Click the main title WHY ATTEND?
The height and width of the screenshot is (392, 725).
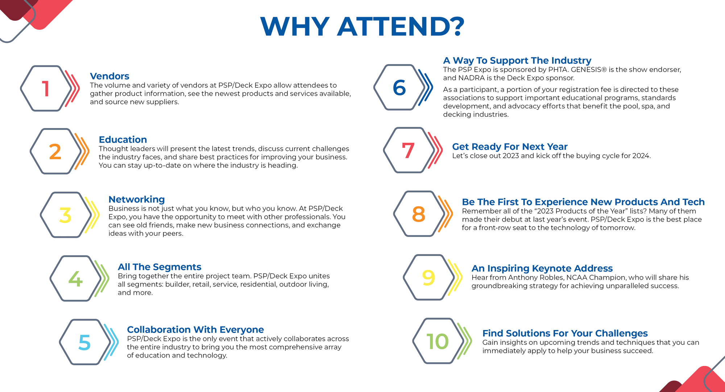(x=362, y=26)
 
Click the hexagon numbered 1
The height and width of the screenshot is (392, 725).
(x=46, y=88)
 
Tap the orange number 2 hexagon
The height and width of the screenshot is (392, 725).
(x=56, y=151)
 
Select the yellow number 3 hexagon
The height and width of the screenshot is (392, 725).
(x=66, y=215)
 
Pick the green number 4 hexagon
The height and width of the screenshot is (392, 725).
(x=75, y=278)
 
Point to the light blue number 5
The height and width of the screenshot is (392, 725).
(x=84, y=342)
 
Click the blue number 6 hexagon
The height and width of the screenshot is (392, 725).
(x=399, y=87)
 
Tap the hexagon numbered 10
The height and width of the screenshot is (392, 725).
(x=438, y=341)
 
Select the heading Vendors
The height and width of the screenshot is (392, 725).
(x=109, y=76)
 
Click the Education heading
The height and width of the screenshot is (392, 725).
(x=123, y=140)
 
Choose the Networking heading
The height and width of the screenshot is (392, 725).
(x=137, y=199)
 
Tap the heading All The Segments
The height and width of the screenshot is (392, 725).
(x=159, y=267)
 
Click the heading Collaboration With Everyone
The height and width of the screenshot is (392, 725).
(x=195, y=330)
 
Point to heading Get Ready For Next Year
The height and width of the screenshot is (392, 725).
(x=510, y=147)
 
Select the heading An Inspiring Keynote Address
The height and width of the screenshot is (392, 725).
(x=542, y=268)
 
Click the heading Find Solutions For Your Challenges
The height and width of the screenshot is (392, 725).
(x=565, y=333)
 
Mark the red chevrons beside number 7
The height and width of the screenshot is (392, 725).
(x=435, y=150)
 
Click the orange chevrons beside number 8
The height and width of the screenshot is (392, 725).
(x=446, y=214)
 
